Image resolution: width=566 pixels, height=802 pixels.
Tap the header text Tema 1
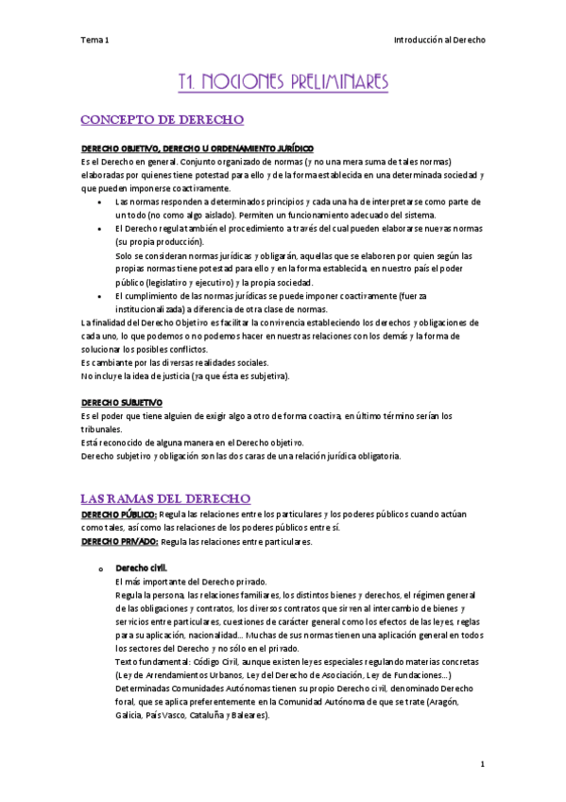click(x=94, y=40)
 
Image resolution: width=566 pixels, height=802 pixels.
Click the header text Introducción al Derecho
click(x=439, y=40)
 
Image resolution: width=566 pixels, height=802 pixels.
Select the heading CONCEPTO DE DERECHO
click(x=163, y=120)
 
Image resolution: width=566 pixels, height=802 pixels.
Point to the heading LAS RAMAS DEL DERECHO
click(x=165, y=498)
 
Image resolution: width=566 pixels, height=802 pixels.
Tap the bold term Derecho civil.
click(x=141, y=567)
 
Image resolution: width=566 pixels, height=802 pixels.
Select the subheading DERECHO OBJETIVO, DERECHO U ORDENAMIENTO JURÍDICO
click(x=197, y=148)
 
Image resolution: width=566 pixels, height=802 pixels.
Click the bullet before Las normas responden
click(x=101, y=202)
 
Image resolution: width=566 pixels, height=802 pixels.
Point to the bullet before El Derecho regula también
click(x=101, y=230)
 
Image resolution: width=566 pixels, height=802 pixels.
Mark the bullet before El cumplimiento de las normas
click(x=101, y=297)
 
